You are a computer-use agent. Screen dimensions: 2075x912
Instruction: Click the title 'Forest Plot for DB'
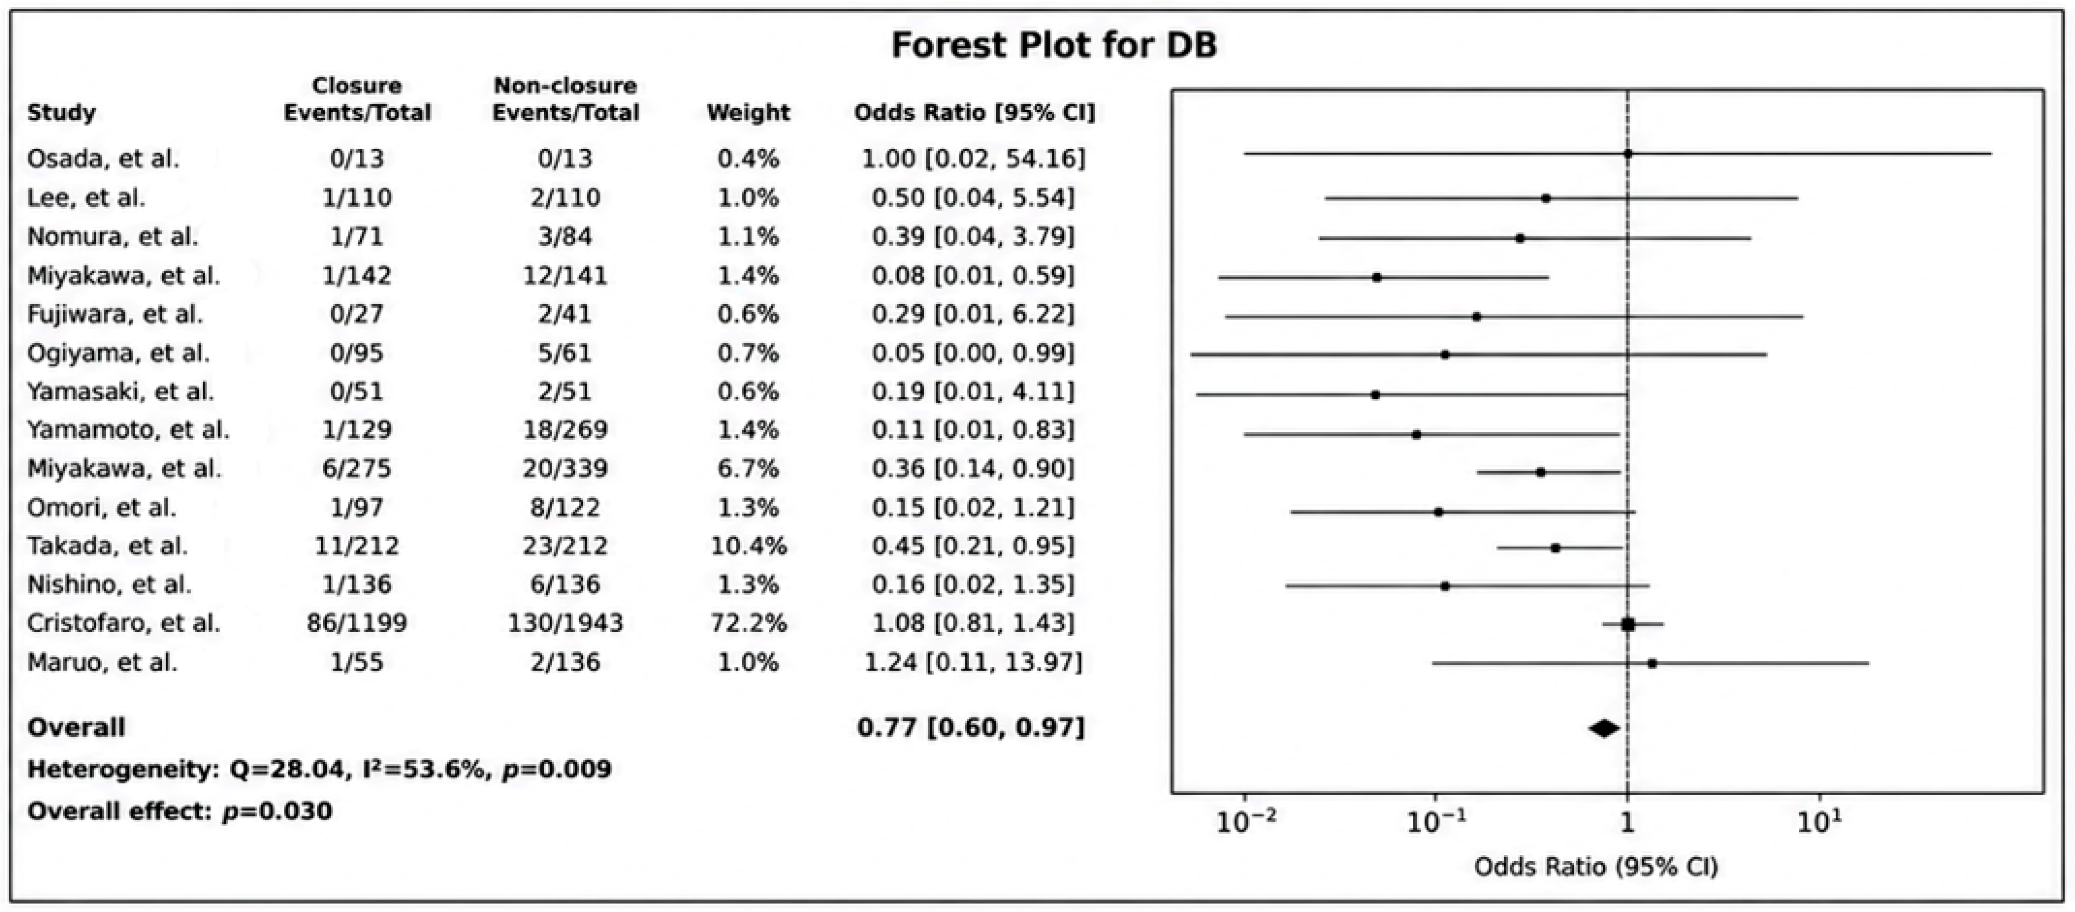[1054, 44]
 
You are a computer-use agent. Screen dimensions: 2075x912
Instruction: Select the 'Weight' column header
[748, 113]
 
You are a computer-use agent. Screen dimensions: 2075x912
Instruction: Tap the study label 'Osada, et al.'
[103, 159]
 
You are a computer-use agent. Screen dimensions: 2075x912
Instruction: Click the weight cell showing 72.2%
[748, 623]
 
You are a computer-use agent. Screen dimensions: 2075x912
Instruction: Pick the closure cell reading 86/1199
[357, 623]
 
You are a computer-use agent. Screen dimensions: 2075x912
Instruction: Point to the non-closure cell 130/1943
[565, 623]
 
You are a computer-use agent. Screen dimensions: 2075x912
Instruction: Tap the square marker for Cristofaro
[1628, 624]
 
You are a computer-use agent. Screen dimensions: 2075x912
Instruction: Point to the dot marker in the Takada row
[1555, 548]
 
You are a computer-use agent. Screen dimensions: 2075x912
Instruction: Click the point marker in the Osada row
[1628, 153]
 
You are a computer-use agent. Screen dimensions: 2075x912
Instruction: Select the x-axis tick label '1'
[1628, 823]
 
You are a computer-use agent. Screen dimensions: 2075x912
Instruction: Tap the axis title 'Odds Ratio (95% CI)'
[1595, 867]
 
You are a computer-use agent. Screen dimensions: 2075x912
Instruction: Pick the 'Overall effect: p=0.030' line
[180, 811]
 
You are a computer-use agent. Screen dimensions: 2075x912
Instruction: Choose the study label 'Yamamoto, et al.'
[128, 429]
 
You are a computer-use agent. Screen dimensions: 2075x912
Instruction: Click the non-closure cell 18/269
[565, 429]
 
